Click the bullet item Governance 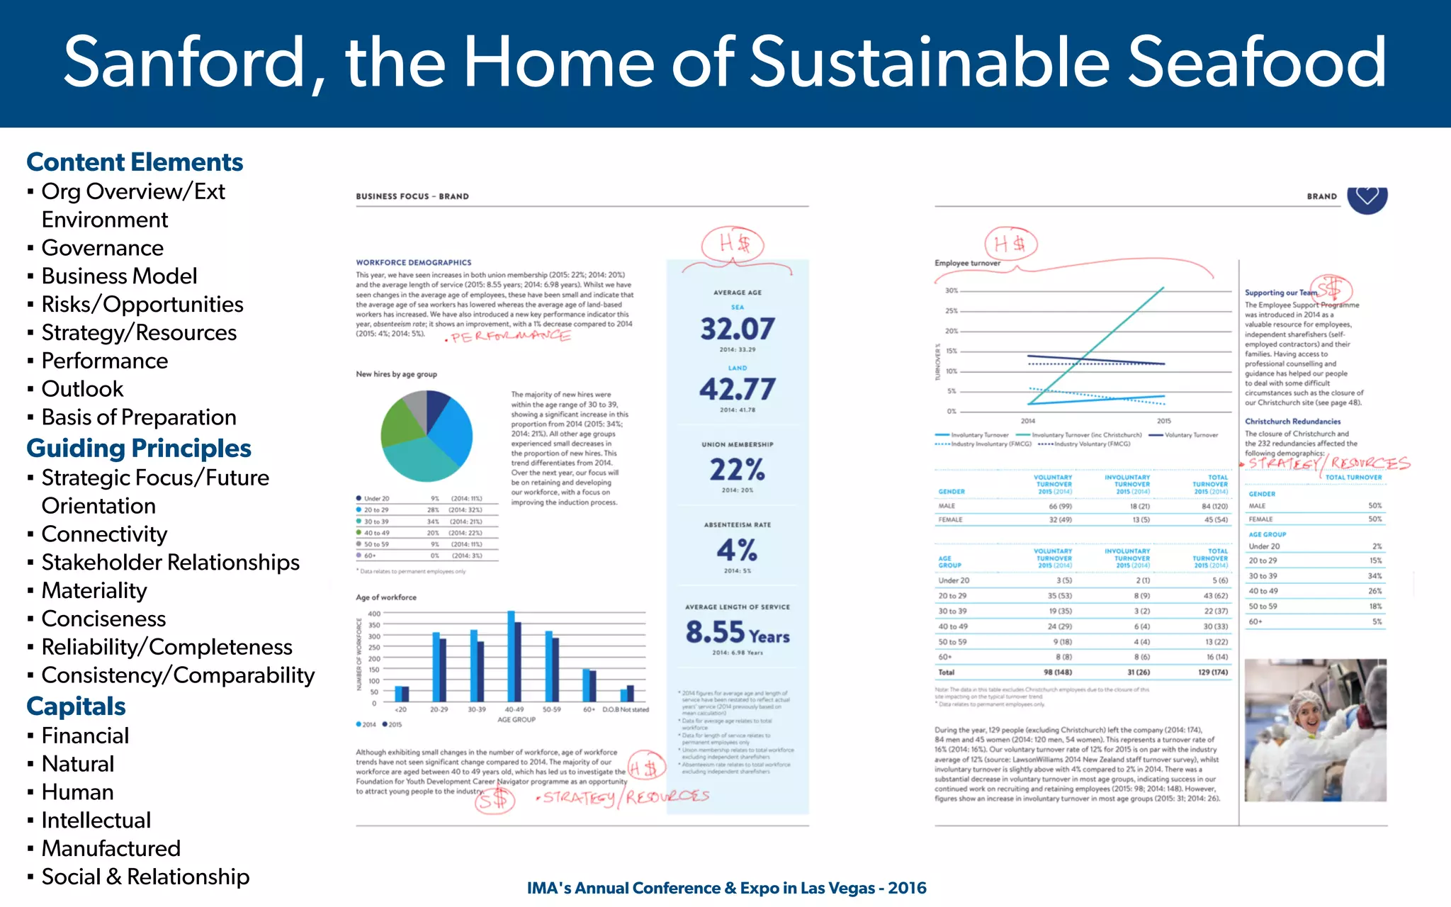102,248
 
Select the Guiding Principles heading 139,449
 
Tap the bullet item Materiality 94,590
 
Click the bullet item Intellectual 96,820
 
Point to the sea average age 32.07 737,329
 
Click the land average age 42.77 737,389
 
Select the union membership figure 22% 737,470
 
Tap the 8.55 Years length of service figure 737,632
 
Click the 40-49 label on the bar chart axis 514,709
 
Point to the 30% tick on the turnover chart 951,291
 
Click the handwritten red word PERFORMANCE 510,337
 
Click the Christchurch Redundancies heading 1292,422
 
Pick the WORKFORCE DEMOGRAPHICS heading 413,262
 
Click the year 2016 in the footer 907,888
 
